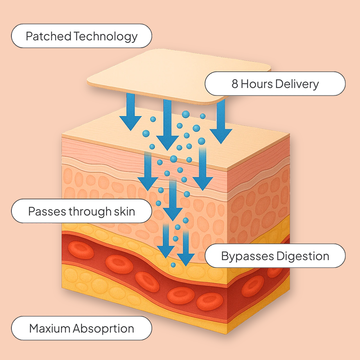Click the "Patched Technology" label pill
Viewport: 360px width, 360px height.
[x=81, y=36]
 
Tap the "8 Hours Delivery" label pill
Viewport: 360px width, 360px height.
[x=274, y=84]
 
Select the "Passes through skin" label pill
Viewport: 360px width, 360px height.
[x=81, y=211]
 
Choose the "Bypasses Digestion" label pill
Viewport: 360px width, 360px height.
[x=274, y=256]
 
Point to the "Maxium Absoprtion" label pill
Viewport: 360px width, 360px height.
[x=81, y=328]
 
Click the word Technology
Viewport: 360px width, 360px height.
[x=106, y=36]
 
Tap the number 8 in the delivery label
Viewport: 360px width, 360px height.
[x=234, y=84]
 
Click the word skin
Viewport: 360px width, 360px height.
[x=124, y=211]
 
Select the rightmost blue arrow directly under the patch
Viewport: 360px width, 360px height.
[x=221, y=123]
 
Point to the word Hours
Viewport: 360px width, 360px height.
[x=257, y=84]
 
